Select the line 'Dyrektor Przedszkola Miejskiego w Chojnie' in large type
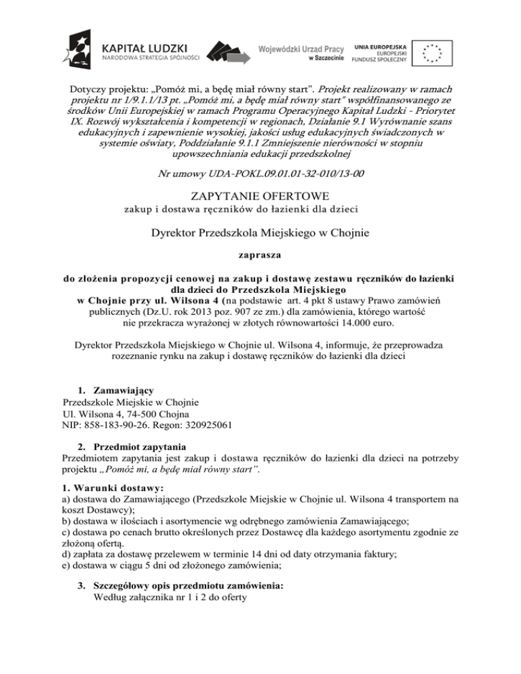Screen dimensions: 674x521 [x=260, y=235]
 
